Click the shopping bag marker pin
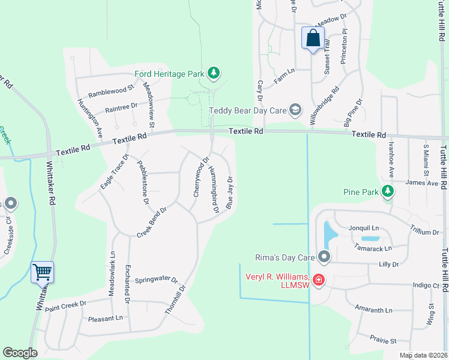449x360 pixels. pos(313,38)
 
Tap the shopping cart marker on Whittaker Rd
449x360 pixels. pos(42,272)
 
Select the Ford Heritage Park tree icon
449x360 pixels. pos(213,74)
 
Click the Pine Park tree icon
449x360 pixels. pos(388,192)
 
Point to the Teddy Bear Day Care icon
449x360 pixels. pos(295,110)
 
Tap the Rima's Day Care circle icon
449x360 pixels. pos(325,257)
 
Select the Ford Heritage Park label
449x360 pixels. pos(169,74)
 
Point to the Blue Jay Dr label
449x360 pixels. pos(229,193)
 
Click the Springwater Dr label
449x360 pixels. pos(156,280)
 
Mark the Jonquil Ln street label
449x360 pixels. pos(364,228)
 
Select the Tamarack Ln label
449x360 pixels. pos(372,247)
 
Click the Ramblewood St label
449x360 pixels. pos(110,92)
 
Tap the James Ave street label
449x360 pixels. pos(422,182)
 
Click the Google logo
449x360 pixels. pos(20,353)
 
